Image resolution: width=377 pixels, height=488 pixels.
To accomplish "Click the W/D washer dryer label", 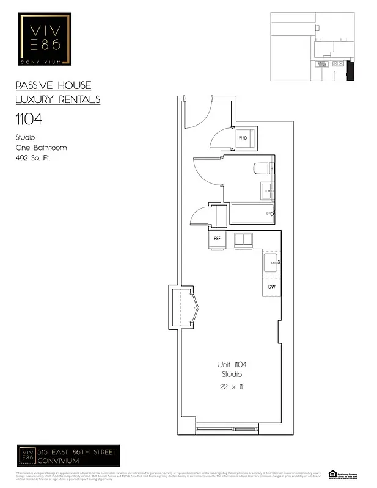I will click(243, 138).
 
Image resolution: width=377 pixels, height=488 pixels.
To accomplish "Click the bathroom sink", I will click(267, 190).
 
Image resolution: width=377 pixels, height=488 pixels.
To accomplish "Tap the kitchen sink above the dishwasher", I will click(271, 264).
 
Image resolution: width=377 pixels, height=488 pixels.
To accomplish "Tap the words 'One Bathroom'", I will click(41, 148).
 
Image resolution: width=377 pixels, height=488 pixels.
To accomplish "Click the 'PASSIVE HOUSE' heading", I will click(53, 86).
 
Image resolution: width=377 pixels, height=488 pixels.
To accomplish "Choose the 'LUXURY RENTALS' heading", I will click(57, 99).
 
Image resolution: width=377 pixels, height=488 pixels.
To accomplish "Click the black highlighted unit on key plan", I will click(350, 71).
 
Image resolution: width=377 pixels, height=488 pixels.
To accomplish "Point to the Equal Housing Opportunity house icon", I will click(332, 473).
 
